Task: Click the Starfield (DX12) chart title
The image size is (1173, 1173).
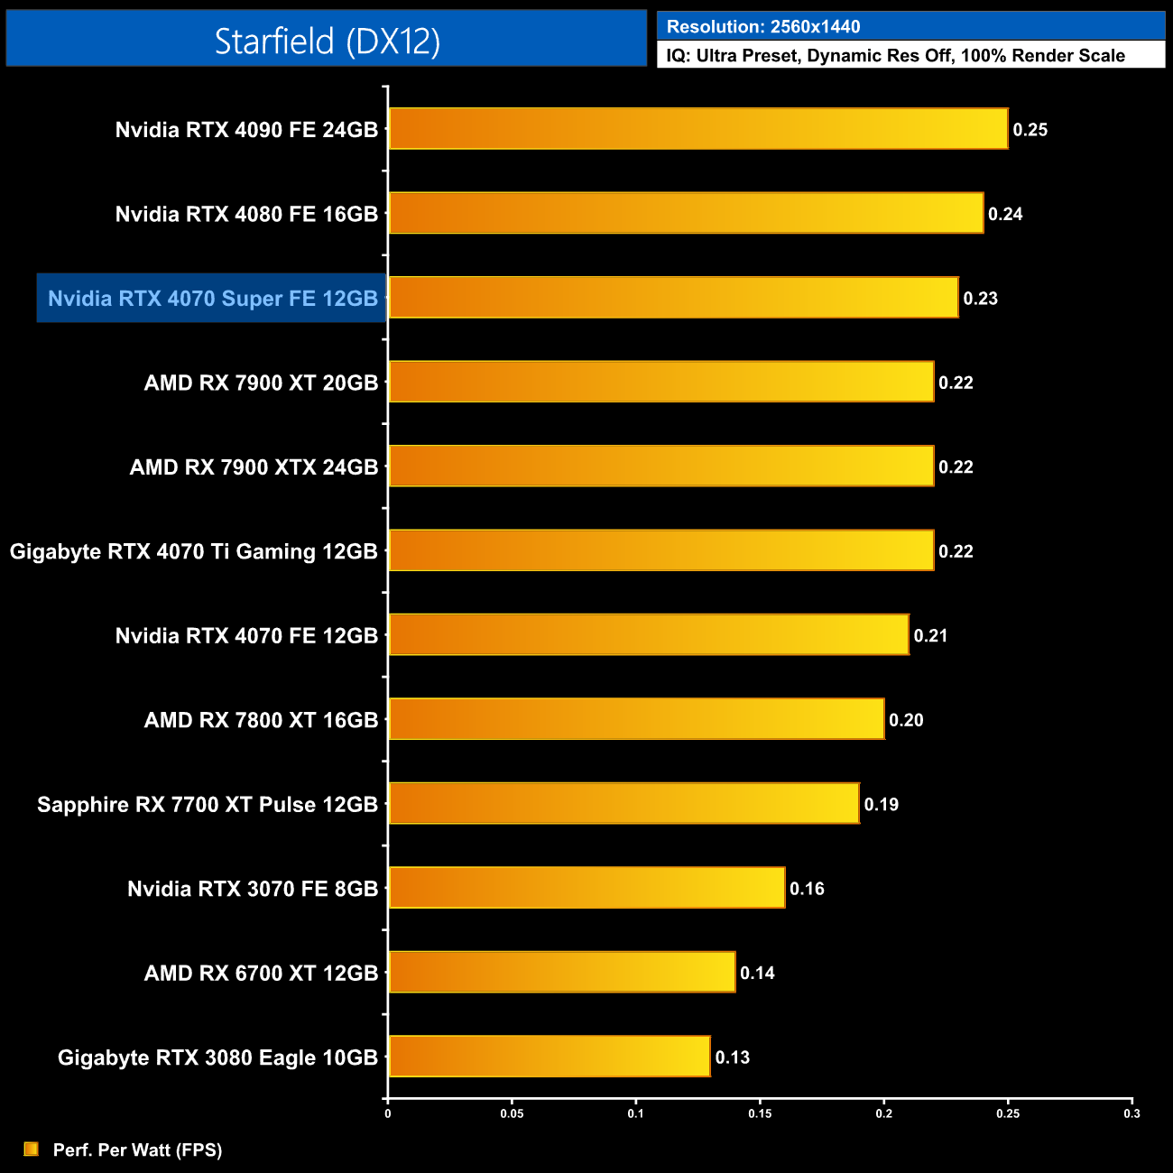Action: point(327,41)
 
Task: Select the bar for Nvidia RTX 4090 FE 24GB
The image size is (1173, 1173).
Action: point(697,129)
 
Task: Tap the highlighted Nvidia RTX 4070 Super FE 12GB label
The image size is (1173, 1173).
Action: point(212,299)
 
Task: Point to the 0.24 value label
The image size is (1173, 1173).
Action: point(1005,214)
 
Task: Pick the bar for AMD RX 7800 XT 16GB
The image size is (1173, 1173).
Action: point(636,719)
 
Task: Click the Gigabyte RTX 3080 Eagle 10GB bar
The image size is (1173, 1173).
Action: point(549,1057)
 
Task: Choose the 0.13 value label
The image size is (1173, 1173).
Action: point(733,1058)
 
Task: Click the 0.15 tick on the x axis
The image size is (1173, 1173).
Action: point(760,1113)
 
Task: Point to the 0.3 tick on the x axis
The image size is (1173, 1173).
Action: point(1131,1113)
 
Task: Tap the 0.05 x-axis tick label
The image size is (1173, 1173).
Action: point(512,1113)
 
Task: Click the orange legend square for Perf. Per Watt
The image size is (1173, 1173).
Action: point(31,1149)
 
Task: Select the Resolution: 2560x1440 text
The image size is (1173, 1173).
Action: point(763,27)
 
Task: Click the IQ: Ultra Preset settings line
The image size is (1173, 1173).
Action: point(895,56)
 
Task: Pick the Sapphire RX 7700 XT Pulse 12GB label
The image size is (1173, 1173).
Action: point(208,805)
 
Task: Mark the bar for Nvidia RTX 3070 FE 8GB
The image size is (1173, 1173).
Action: point(586,888)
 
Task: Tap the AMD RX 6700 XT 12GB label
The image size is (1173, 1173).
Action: point(261,974)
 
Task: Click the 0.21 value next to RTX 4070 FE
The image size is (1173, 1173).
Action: point(930,636)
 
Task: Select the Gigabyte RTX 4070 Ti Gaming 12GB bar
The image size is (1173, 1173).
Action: point(660,550)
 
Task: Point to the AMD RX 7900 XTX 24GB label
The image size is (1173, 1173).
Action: point(254,467)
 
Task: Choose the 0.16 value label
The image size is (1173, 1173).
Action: point(807,889)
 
